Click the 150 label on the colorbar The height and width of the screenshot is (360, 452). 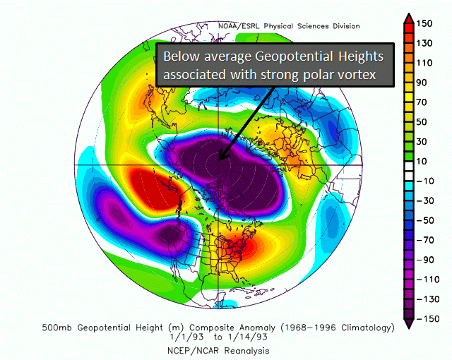pos(424,23)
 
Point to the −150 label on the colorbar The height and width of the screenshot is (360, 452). pos(428,319)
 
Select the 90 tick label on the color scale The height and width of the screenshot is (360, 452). pos(422,83)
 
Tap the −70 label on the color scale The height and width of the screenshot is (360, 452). pos(425,240)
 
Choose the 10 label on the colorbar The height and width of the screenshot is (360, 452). pos(422,161)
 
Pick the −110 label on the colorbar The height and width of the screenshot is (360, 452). pos(428,280)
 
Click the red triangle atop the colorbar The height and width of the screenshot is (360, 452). pos(409,18)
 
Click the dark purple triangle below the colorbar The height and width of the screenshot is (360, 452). pos(409,323)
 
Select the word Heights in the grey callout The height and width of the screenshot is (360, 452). pos(361,56)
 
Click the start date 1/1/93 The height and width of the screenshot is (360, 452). pos(186,337)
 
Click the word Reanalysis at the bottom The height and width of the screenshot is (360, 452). pos(247,351)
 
